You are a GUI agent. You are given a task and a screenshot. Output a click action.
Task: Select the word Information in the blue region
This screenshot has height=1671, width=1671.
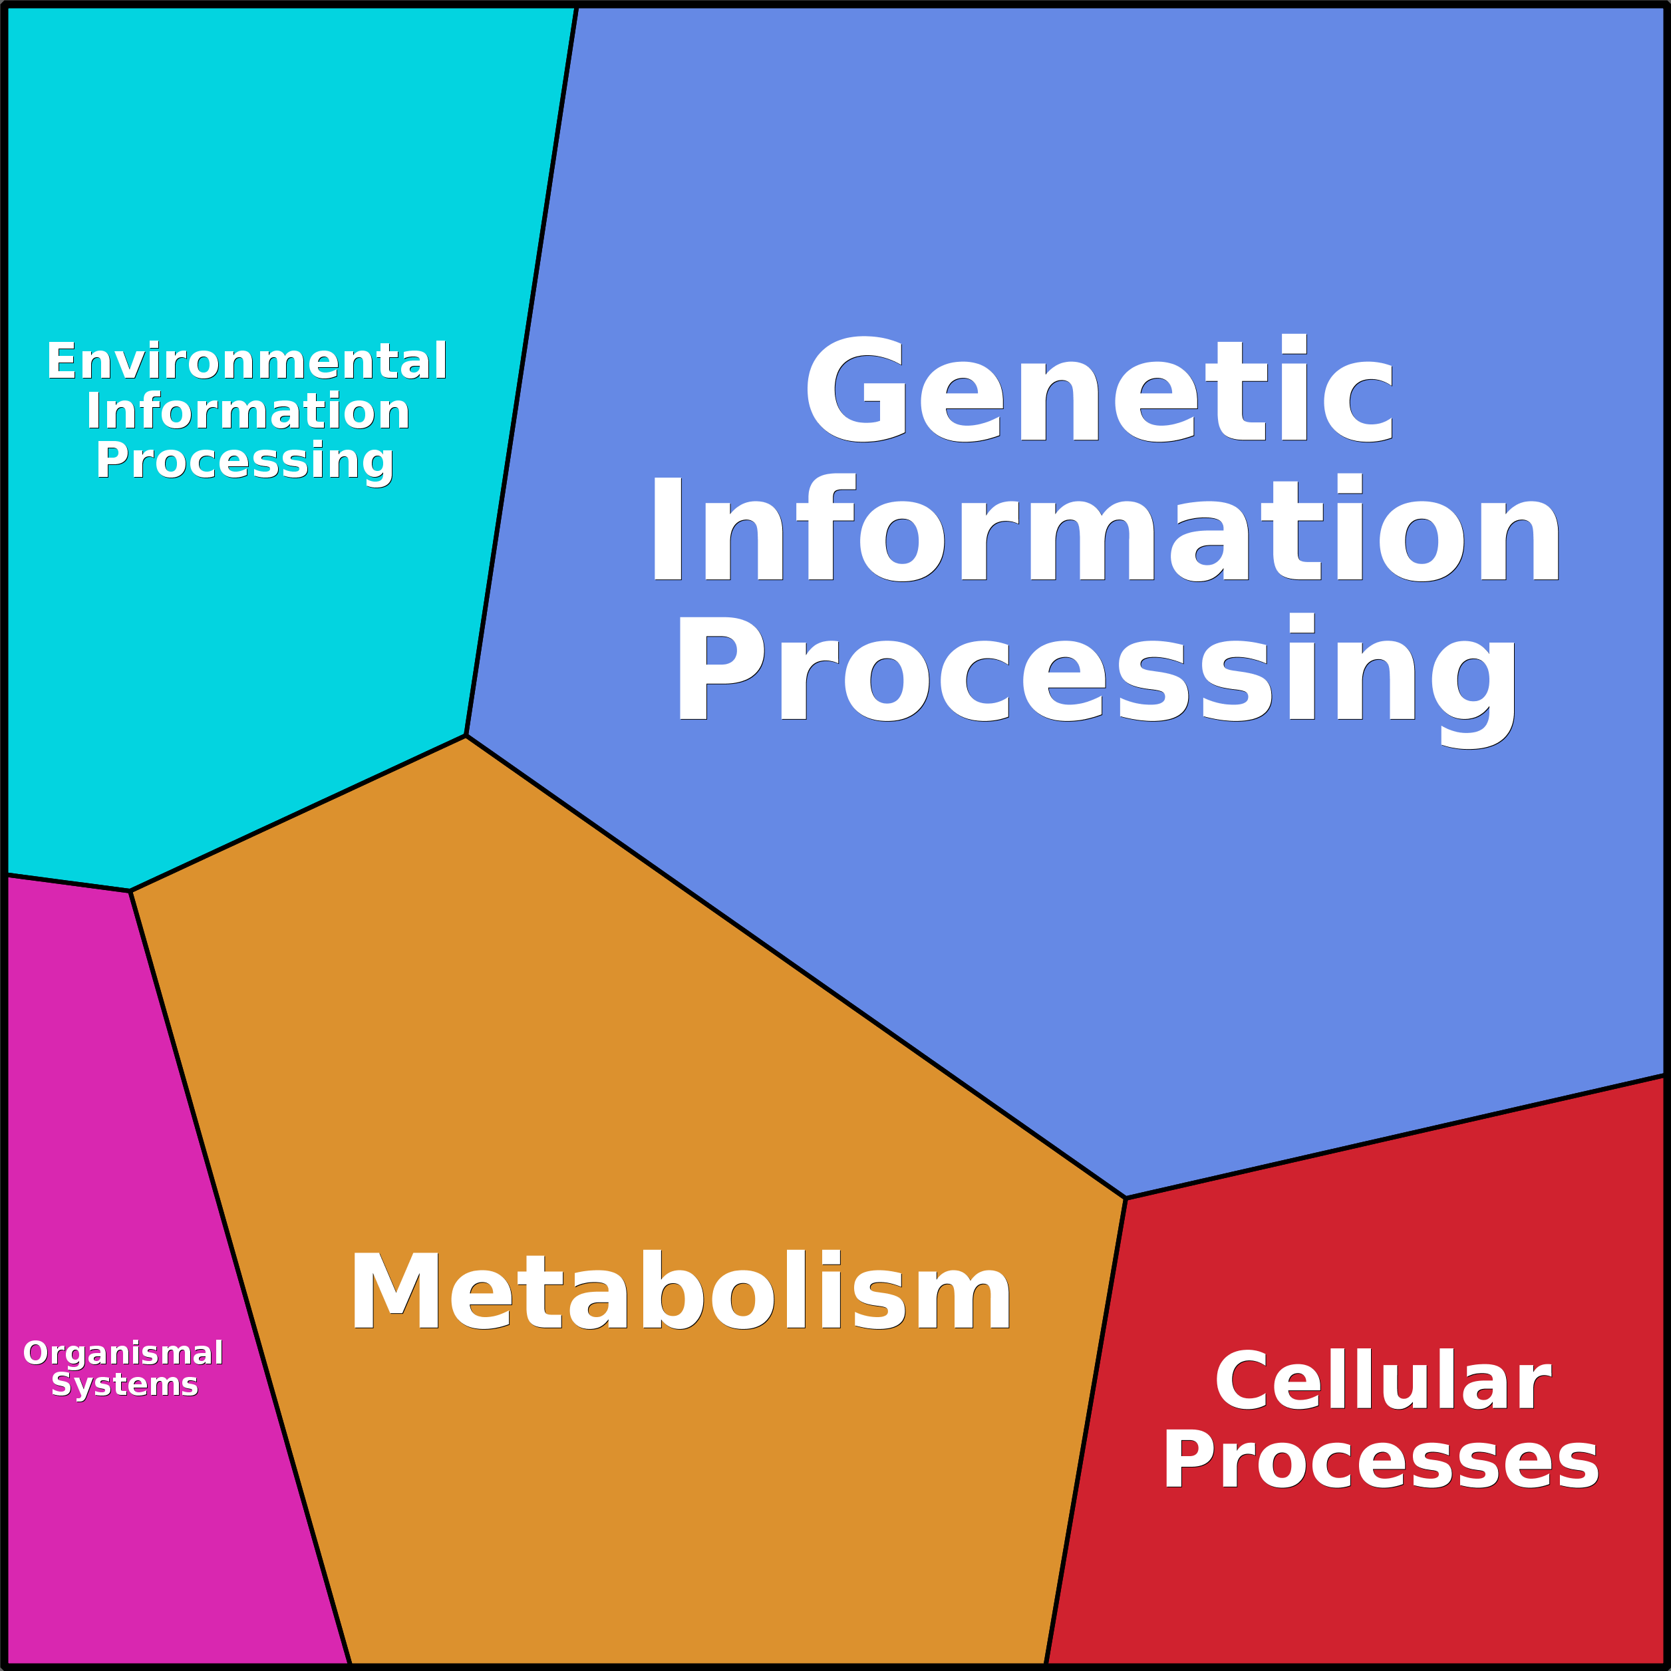click(1106, 528)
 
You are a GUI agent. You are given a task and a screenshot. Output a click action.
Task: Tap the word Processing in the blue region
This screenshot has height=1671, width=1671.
click(1097, 679)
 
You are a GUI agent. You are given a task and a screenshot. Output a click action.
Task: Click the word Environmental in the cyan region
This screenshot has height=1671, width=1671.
click(247, 361)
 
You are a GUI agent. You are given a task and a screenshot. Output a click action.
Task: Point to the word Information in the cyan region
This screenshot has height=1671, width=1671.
click(247, 411)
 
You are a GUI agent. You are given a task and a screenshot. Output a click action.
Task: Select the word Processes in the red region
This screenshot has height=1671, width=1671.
click(1380, 1459)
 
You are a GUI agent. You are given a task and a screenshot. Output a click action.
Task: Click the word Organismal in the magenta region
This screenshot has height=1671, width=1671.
click(124, 1354)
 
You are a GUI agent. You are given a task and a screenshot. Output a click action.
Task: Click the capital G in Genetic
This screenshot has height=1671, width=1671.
click(855, 388)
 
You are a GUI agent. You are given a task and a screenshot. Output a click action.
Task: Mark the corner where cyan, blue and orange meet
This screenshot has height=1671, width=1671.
click(466, 736)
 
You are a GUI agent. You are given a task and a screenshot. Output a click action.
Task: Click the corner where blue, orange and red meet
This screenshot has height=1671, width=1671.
click(1126, 1199)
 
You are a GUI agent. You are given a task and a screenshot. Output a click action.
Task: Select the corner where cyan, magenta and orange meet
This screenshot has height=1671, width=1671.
click(130, 891)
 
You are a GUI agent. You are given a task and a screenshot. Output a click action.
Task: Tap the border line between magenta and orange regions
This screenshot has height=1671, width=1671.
click(239, 1279)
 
